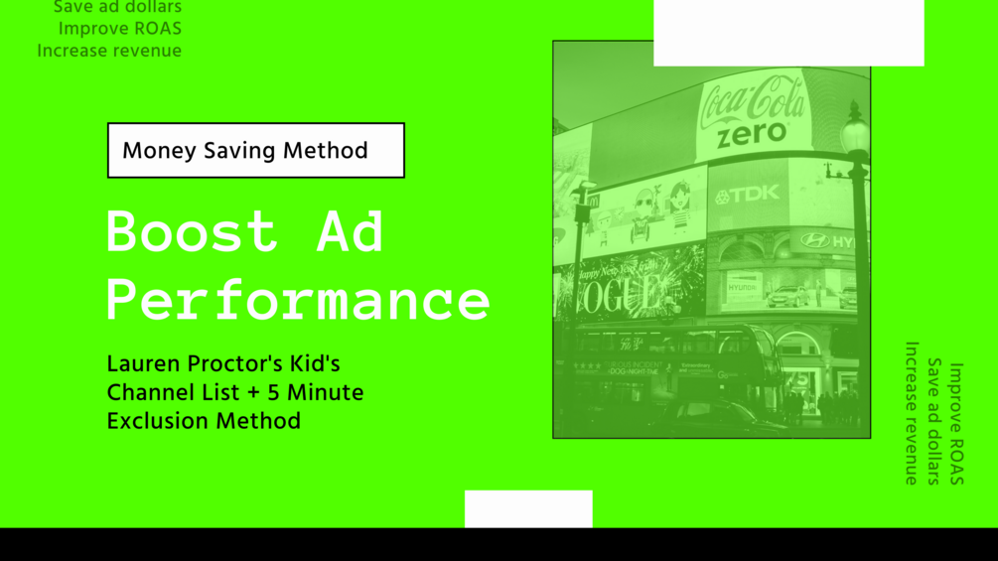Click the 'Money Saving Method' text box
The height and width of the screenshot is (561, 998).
pos(255,151)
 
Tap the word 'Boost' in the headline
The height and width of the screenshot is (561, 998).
pos(191,231)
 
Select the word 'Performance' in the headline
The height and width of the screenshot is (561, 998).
pos(298,299)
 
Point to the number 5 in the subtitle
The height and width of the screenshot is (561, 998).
pos(273,392)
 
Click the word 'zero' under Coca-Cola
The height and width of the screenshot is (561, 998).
pos(752,135)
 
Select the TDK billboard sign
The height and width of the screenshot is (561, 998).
pos(747,195)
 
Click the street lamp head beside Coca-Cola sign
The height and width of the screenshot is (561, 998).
pos(854,127)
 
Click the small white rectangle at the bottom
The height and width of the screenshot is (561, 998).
pos(528,508)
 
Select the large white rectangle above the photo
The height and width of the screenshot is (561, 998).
pos(788,32)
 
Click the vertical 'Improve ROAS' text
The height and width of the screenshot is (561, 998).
pos(955,424)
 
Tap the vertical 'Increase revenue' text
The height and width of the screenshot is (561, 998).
pos(912,413)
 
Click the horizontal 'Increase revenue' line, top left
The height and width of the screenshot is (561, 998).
pos(109,51)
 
